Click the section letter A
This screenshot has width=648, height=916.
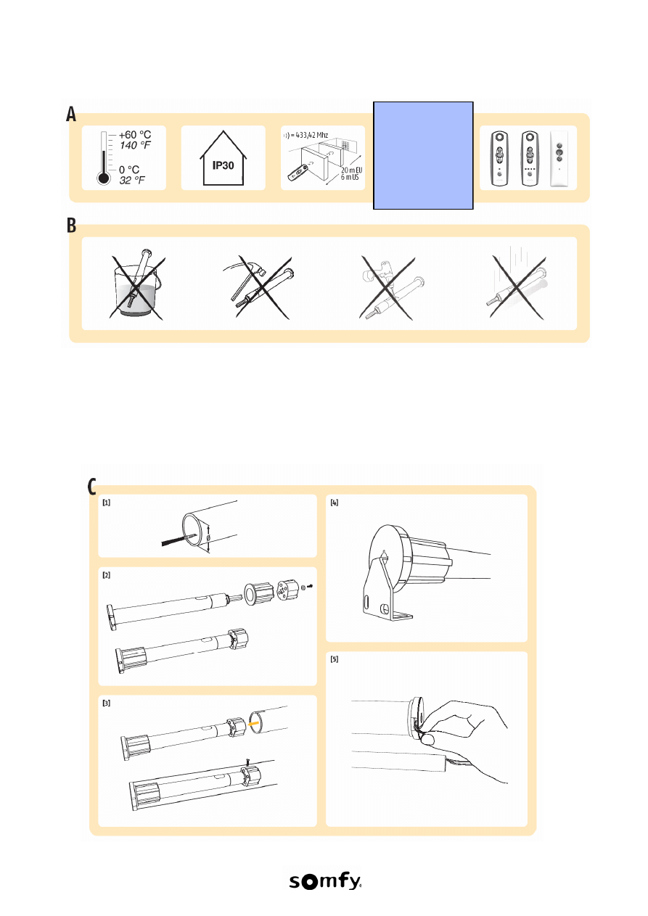click(x=71, y=114)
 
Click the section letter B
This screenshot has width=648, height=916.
click(x=72, y=225)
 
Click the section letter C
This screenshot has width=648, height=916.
click(x=91, y=486)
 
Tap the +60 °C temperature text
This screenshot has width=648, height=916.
click(x=135, y=135)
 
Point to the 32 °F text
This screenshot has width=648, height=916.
click(x=132, y=181)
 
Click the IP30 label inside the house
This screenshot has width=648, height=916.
click(x=223, y=165)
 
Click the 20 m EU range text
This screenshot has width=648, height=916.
click(x=352, y=170)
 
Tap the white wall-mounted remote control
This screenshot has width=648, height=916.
click(x=559, y=159)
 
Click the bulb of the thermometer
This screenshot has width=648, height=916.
click(x=104, y=178)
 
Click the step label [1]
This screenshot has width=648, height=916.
click(x=107, y=503)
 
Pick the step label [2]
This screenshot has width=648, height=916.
click(x=107, y=575)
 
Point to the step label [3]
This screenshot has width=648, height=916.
click(x=107, y=703)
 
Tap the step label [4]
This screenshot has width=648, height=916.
click(x=335, y=503)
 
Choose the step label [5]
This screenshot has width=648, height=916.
click(x=335, y=659)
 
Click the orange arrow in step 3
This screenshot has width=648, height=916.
click(x=254, y=723)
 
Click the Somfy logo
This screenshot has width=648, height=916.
click(x=325, y=881)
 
